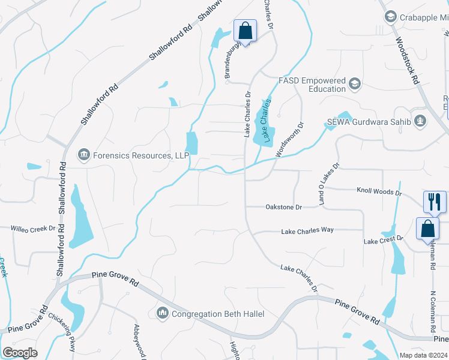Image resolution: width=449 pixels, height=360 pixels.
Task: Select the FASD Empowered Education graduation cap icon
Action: point(355,84)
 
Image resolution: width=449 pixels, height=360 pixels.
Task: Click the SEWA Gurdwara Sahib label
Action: point(367,122)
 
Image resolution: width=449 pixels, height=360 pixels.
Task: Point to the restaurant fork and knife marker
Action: point(434,202)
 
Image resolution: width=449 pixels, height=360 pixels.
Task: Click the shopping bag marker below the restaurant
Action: point(427,229)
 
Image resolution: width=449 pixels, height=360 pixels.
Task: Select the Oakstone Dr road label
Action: point(283,207)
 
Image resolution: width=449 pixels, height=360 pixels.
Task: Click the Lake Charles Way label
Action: point(307,230)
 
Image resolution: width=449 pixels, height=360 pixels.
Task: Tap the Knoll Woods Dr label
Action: point(379,192)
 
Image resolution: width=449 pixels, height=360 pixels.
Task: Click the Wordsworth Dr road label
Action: point(290,140)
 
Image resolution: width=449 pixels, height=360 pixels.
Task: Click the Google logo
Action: point(20,352)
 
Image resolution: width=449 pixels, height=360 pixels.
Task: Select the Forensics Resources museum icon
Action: point(83,156)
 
